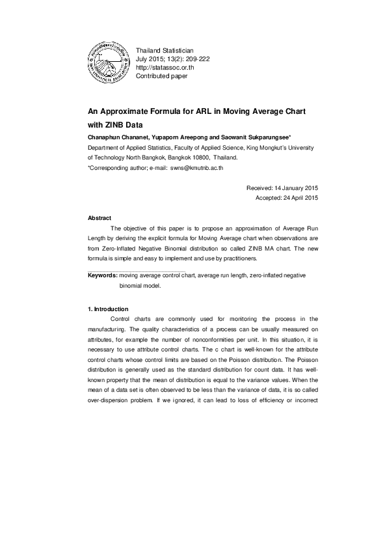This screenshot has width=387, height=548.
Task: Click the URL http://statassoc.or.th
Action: [165, 68]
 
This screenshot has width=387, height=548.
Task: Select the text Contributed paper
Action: [161, 76]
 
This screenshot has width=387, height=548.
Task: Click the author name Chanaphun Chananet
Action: [116, 138]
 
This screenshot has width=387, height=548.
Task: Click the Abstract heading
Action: [100, 218]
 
